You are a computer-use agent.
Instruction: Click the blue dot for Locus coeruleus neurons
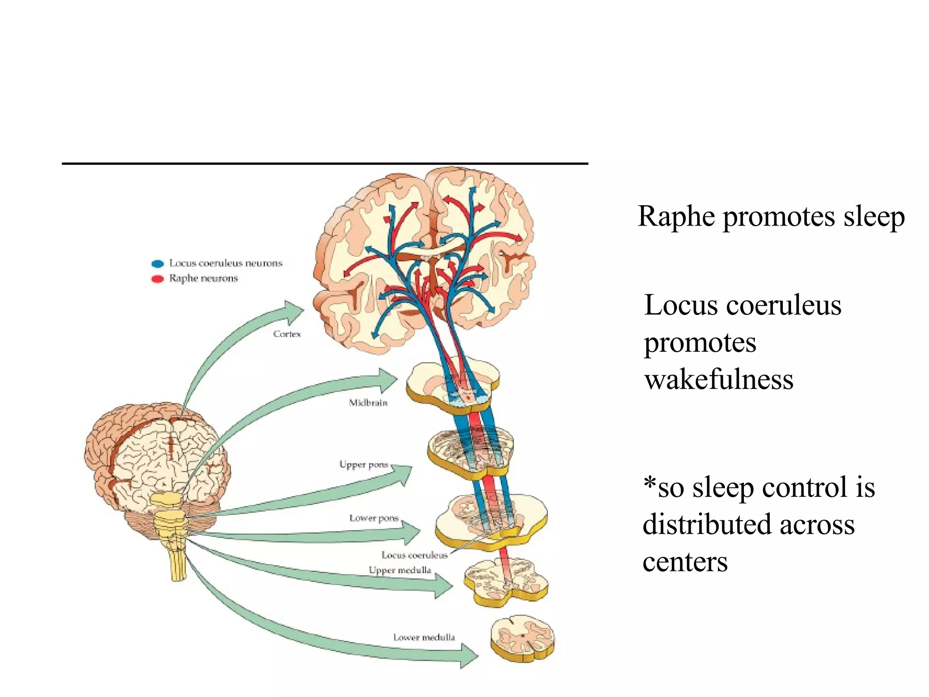tap(157, 264)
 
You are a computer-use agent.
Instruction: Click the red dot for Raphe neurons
tap(157, 279)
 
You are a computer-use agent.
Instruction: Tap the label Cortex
tap(287, 334)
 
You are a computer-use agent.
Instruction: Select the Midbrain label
tap(368, 402)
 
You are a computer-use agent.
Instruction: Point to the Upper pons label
tap(363, 464)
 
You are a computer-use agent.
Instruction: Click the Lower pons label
tap(374, 518)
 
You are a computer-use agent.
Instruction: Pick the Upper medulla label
tap(400, 570)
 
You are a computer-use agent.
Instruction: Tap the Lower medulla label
tap(424, 637)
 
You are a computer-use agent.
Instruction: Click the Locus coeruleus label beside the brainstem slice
tap(415, 555)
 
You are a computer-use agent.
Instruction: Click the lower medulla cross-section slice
tap(522, 638)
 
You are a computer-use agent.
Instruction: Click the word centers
tap(685, 562)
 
